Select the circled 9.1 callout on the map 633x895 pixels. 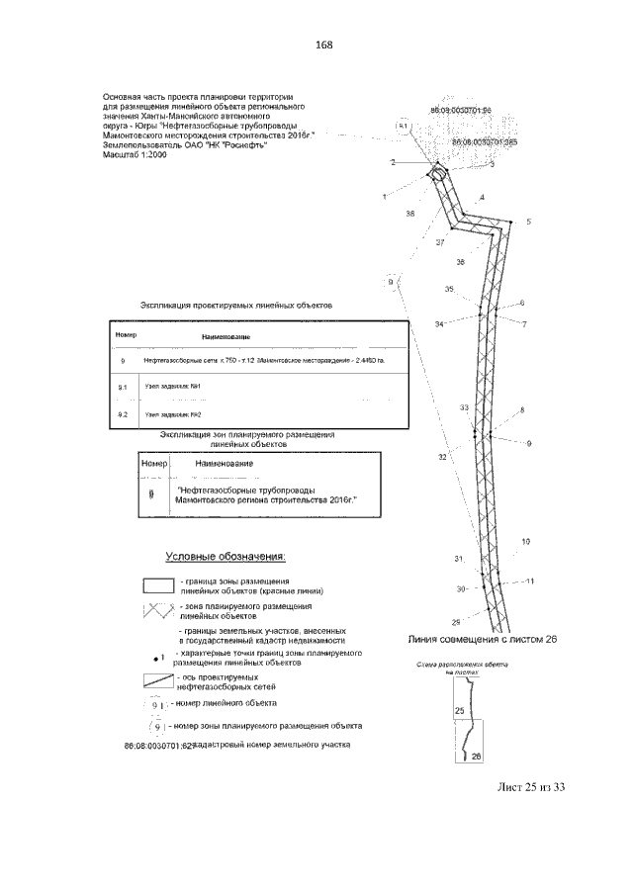403,127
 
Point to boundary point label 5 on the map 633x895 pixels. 528,223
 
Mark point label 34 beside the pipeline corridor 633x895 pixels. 438,324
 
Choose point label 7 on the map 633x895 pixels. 524,324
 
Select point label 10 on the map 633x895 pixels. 525,541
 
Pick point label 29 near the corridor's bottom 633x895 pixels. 456,621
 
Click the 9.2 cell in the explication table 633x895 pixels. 123,413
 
